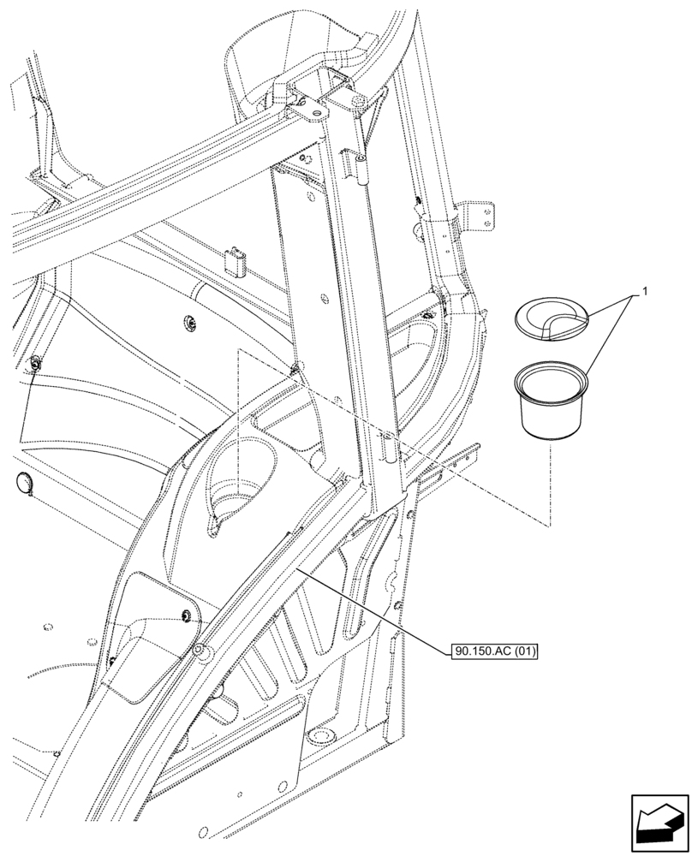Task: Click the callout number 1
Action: [644, 291]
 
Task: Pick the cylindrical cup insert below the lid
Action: [553, 401]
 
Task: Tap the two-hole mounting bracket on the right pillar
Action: [480, 217]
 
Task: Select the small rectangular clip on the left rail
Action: [234, 260]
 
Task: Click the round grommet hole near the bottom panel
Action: [323, 736]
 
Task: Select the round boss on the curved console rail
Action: [200, 652]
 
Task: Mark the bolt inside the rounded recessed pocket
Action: [186, 614]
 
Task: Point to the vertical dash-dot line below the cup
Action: [550, 484]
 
